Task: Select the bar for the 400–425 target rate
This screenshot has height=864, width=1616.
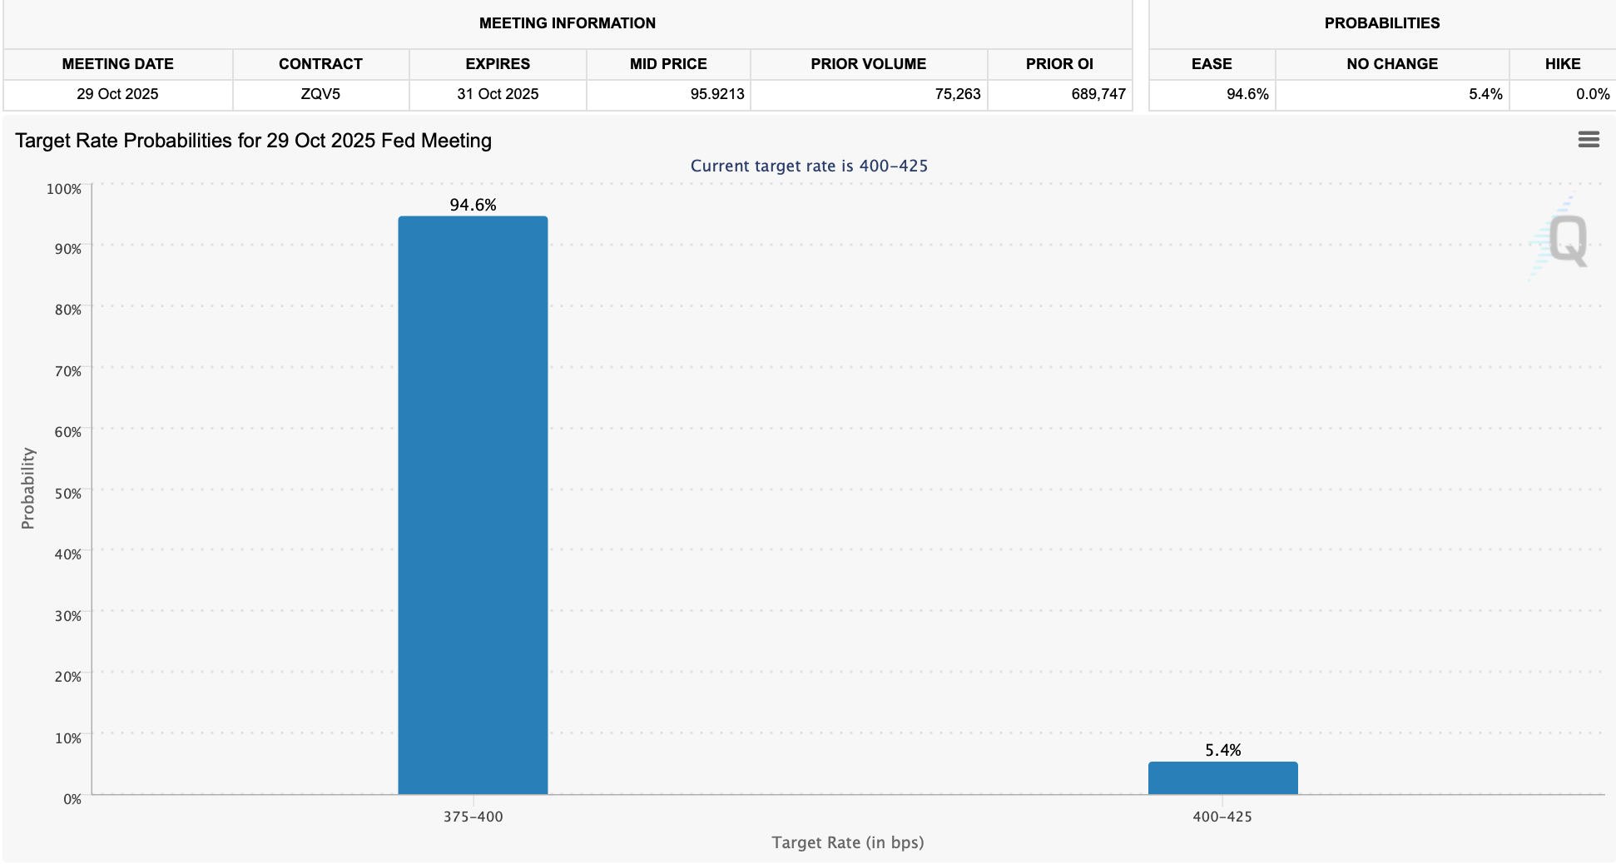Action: (x=1222, y=778)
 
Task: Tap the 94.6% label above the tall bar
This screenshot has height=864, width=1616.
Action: (x=473, y=205)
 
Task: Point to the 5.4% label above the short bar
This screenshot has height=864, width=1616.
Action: (x=1222, y=750)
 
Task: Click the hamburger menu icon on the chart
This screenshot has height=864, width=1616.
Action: (x=1589, y=140)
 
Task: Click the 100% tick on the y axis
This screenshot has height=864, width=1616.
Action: (x=64, y=189)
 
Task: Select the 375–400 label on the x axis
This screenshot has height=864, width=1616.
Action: (x=473, y=817)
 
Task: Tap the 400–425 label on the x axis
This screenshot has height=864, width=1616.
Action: (x=1222, y=817)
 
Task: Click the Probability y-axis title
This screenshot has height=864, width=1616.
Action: (x=28, y=489)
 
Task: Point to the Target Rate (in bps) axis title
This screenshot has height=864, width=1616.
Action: (x=847, y=842)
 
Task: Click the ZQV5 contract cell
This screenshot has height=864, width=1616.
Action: (x=320, y=94)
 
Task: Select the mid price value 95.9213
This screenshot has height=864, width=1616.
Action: (x=716, y=94)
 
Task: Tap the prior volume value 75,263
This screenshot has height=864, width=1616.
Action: (x=957, y=94)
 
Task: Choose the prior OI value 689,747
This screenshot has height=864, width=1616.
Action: (x=1098, y=94)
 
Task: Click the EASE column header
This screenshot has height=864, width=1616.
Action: (x=1211, y=64)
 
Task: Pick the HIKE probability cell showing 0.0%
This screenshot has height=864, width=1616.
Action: (x=1592, y=94)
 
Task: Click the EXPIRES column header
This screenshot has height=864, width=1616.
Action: (x=498, y=64)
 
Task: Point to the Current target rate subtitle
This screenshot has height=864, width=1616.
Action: (x=809, y=166)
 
